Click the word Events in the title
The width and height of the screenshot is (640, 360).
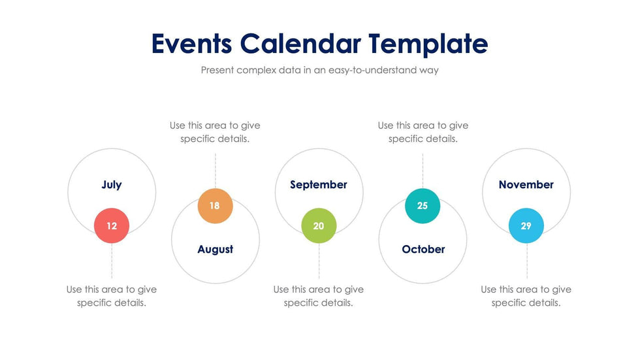(191, 44)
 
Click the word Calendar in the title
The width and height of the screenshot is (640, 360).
(300, 44)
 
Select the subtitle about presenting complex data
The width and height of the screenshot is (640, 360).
(319, 70)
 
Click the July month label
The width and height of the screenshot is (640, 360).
(112, 185)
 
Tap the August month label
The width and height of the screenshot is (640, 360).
(215, 249)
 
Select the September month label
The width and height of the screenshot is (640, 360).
(319, 185)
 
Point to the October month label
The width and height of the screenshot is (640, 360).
(423, 249)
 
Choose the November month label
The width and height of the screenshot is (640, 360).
(526, 185)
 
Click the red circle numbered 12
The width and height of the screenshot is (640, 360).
(112, 225)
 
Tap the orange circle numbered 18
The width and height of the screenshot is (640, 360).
(215, 206)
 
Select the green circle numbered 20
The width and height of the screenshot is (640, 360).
(319, 225)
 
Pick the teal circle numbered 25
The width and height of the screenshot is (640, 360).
(423, 206)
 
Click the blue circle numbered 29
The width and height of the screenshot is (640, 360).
(526, 225)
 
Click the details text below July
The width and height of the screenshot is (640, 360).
(112, 296)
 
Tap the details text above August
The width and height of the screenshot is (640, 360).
(215, 132)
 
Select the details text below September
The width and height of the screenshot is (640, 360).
(319, 296)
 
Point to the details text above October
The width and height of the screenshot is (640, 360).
(423, 132)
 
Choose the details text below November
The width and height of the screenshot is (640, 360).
(526, 296)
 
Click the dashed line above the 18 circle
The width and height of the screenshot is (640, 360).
(216, 170)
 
